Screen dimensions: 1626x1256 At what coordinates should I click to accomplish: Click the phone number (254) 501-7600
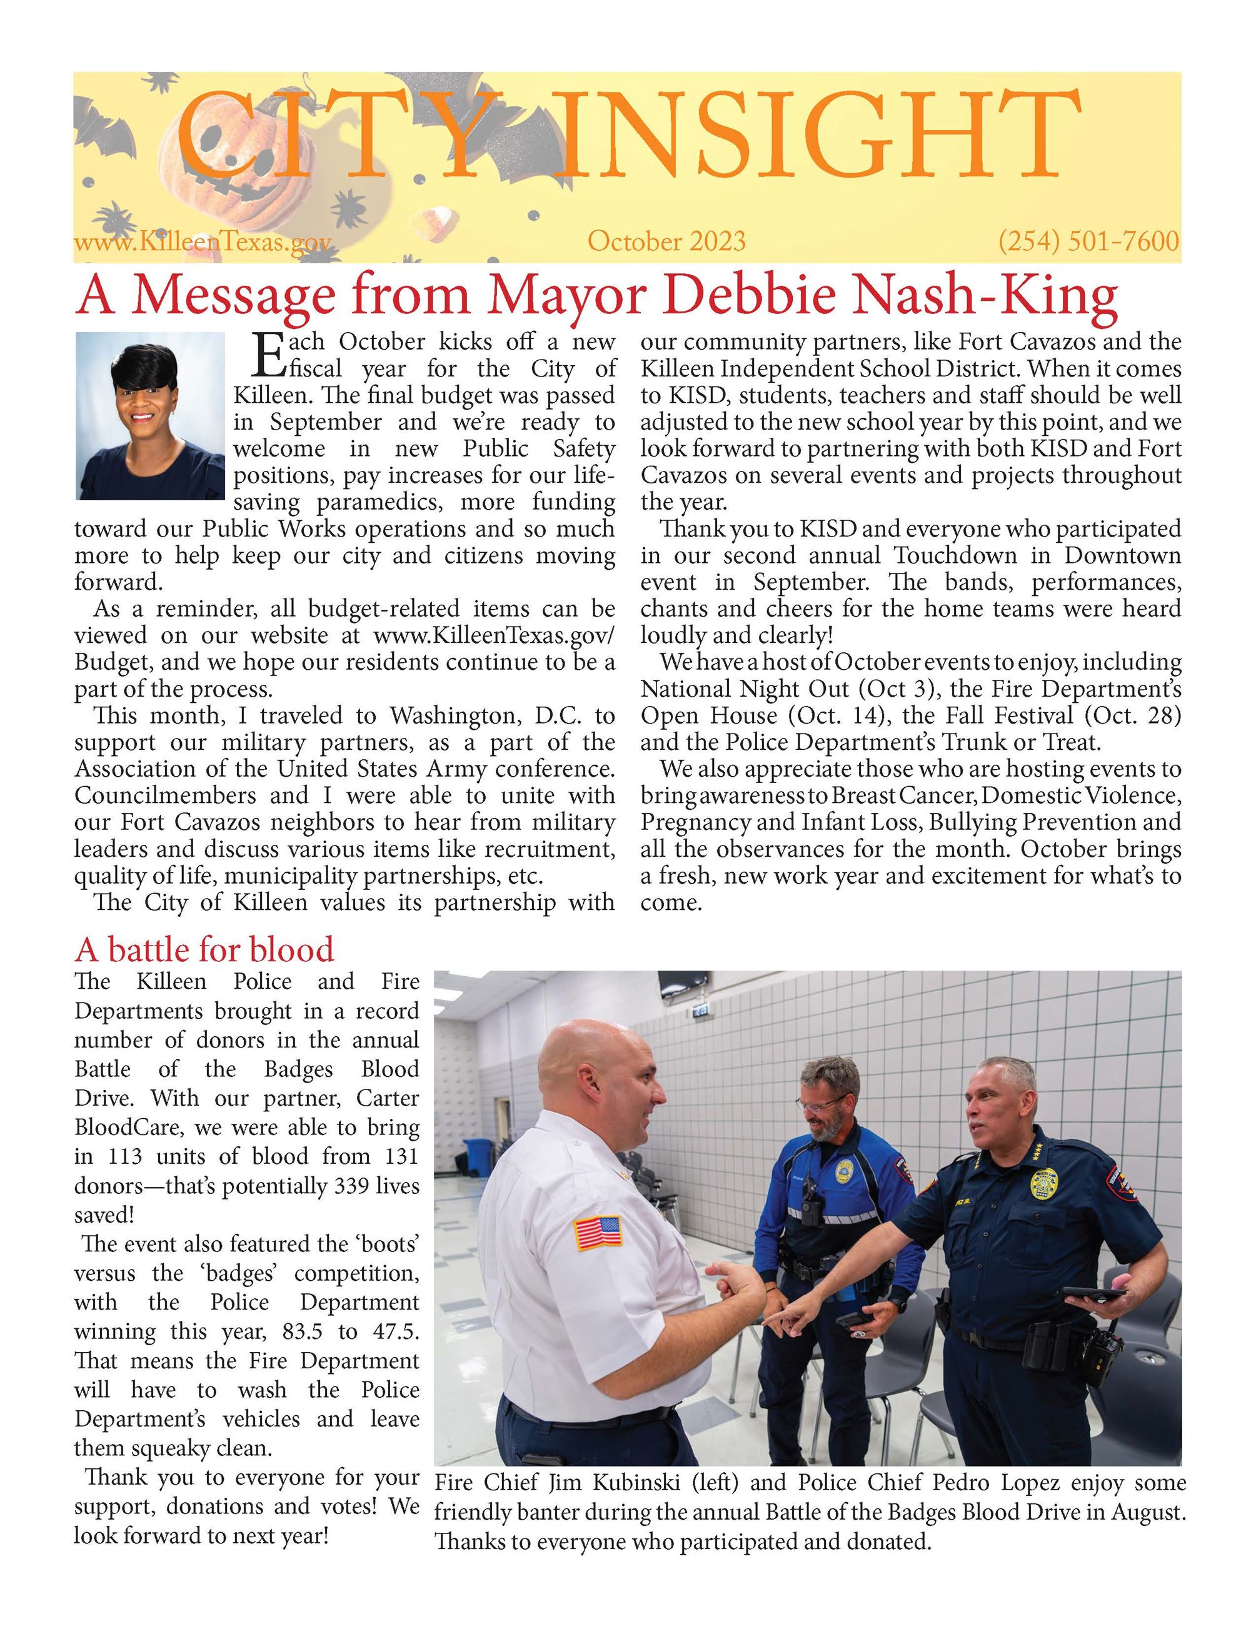[x=1088, y=242]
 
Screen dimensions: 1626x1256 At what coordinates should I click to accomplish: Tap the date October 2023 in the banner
[x=666, y=242]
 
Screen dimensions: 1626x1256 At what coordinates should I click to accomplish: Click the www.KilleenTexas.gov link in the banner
[x=202, y=243]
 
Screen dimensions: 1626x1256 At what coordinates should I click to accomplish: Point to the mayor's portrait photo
[x=150, y=415]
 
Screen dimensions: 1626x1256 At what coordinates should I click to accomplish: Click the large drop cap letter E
[x=268, y=355]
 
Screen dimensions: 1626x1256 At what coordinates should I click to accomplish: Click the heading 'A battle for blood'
[x=204, y=950]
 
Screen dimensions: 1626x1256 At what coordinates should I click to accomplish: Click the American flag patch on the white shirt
[x=598, y=1232]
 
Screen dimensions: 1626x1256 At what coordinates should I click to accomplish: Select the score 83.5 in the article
[x=304, y=1332]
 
